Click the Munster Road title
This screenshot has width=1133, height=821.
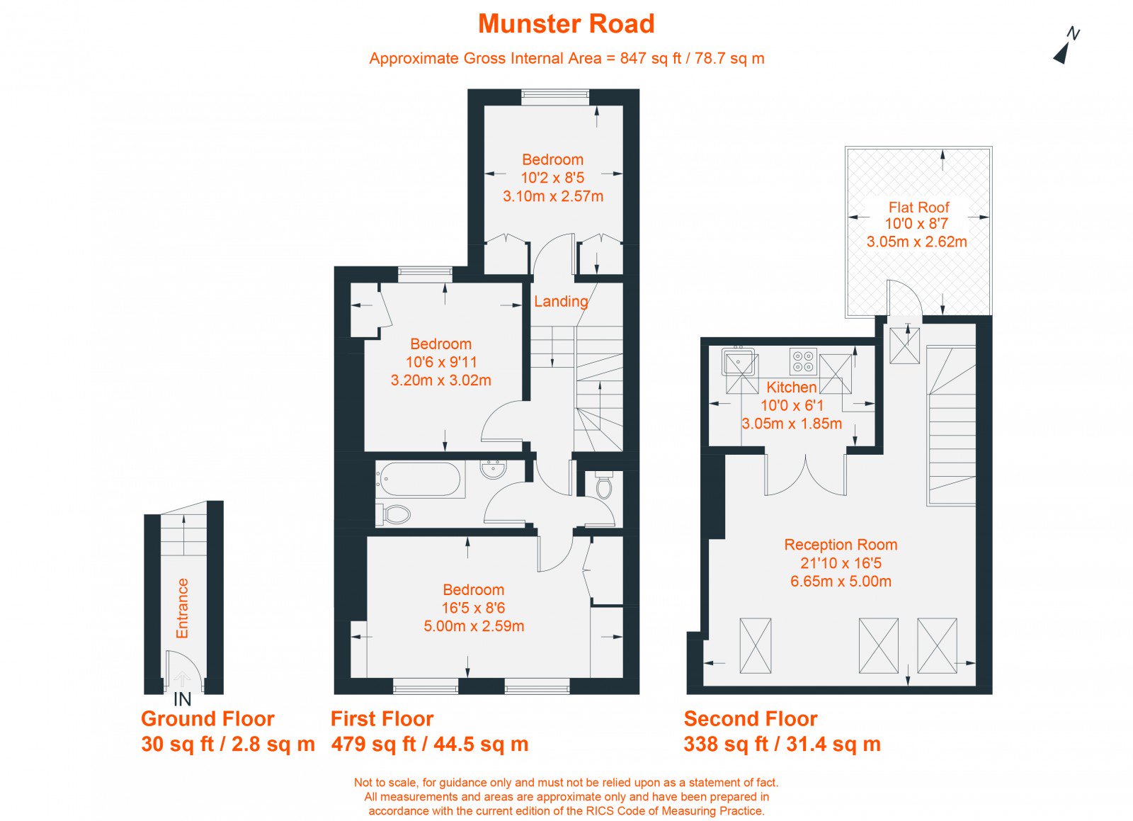click(566, 24)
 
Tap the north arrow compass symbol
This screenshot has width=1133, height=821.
click(1065, 47)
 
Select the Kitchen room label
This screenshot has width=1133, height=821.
click(792, 387)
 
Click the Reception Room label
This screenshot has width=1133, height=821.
click(841, 544)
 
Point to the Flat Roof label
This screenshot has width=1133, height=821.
click(918, 207)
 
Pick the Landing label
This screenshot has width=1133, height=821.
click(561, 302)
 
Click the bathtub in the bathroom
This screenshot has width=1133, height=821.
click(419, 479)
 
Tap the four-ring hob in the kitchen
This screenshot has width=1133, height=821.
click(803, 362)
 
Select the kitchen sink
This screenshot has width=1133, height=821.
click(739, 362)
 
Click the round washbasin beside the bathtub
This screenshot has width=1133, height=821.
click(493, 469)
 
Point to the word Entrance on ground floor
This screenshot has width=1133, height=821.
click(182, 608)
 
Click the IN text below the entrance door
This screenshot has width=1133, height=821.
click(183, 700)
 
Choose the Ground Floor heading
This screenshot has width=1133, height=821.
click(207, 718)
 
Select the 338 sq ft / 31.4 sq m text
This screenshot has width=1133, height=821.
click(782, 744)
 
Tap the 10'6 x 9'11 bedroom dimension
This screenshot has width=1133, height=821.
click(441, 362)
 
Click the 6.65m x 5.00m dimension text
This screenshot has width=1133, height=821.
click(841, 581)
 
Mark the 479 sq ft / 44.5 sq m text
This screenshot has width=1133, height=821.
click(430, 744)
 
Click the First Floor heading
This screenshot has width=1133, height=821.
click(382, 718)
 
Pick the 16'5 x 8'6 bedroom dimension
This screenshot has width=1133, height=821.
click(474, 608)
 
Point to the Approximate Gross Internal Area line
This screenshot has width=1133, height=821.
click(566, 58)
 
